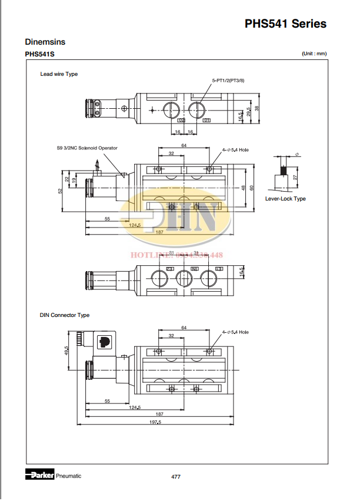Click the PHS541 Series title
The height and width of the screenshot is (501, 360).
(285, 24)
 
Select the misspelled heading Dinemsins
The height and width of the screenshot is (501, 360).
(45, 42)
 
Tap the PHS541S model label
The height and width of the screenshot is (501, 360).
(39, 55)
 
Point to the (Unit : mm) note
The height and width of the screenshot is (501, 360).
(314, 54)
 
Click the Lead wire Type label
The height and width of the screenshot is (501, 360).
(59, 74)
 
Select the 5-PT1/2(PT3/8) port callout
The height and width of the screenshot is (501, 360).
(228, 79)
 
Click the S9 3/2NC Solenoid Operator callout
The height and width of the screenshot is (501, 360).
(87, 148)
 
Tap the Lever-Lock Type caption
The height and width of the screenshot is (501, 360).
(285, 199)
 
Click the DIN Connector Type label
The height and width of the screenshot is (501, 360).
(65, 315)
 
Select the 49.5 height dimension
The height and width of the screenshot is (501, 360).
(68, 350)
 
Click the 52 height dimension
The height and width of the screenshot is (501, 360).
(60, 191)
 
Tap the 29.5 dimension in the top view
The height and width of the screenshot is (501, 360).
(249, 111)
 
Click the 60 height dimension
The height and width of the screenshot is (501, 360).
(251, 188)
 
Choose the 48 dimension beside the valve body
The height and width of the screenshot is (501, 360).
(243, 188)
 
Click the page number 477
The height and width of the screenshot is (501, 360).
(175, 476)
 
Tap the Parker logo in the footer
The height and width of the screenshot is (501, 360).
(39, 475)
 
